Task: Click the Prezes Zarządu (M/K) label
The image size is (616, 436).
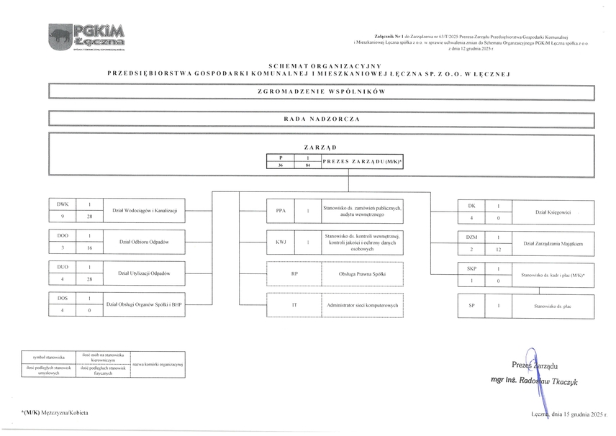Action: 362,161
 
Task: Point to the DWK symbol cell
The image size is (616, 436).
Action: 63,204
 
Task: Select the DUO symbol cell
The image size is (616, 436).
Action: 63,267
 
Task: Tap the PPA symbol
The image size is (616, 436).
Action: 281,211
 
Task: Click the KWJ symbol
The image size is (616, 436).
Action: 281,242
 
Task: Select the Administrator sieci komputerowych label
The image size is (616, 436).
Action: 362,306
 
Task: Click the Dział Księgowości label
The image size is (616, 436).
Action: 553,212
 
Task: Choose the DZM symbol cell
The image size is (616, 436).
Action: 472,237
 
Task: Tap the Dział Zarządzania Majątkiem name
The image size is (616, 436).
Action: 553,244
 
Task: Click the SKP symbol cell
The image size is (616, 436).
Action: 472,268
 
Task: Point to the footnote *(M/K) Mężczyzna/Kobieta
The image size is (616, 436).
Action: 55,412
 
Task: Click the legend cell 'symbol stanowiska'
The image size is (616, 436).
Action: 48,357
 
